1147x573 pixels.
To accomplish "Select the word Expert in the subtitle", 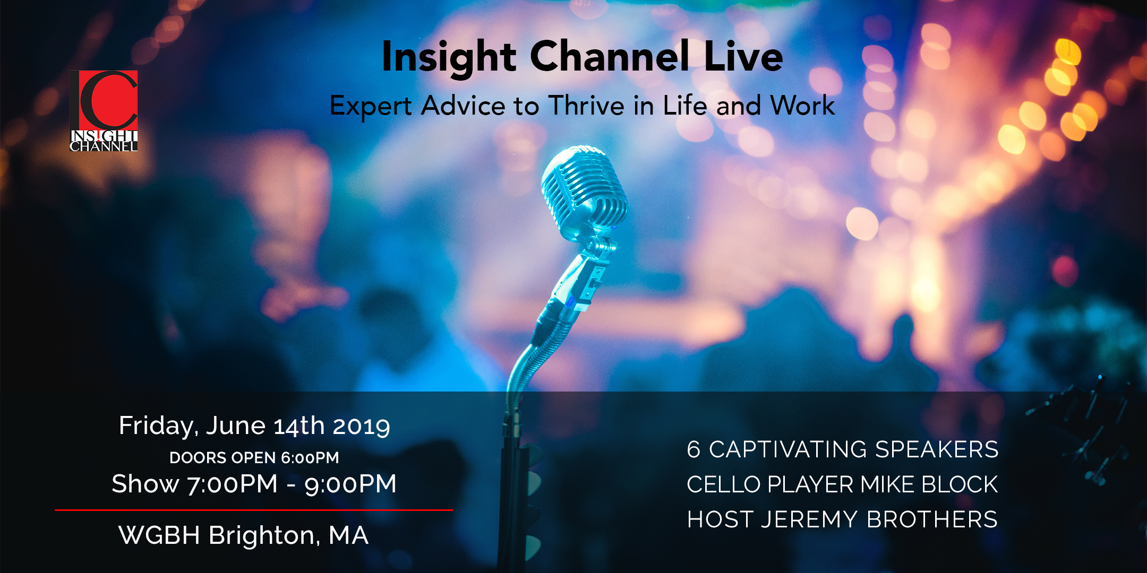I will tap(371, 106).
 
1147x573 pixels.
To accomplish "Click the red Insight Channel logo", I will tap(104, 111).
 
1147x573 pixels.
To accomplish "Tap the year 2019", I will tap(362, 426).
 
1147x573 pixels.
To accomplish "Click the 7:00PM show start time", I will tap(233, 484).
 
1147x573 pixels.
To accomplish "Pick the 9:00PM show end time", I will tap(350, 484).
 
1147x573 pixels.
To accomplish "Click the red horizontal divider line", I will tap(254, 510).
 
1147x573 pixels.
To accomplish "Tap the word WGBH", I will tap(159, 535).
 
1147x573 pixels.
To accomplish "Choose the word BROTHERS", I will tap(932, 519).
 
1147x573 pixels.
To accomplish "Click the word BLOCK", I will tap(960, 484).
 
